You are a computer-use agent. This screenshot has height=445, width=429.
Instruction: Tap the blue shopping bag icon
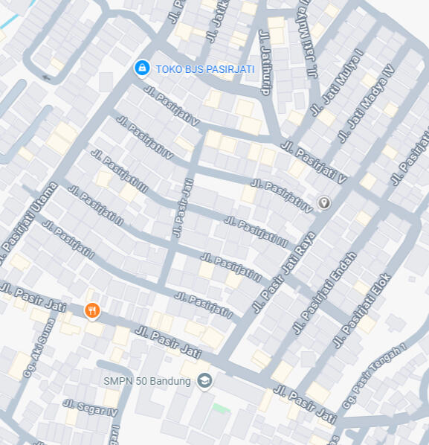pos(141,68)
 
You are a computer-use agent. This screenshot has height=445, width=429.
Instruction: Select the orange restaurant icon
pos(92,310)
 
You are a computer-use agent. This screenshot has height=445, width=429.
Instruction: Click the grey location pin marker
pos(323,202)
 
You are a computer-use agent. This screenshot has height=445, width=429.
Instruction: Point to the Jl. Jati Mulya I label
pos(338,81)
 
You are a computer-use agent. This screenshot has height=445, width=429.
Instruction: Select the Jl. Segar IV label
pos(90,408)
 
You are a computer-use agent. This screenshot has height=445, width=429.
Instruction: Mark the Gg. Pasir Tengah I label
pos(373,376)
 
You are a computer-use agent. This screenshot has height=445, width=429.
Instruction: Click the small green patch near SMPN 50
pos(220,408)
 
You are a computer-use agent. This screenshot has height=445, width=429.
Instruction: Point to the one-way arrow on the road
pos(48,77)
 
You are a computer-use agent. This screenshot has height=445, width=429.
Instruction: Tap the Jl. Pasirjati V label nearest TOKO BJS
pos(172,106)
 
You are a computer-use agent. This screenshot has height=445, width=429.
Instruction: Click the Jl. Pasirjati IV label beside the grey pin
pos(282,195)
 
